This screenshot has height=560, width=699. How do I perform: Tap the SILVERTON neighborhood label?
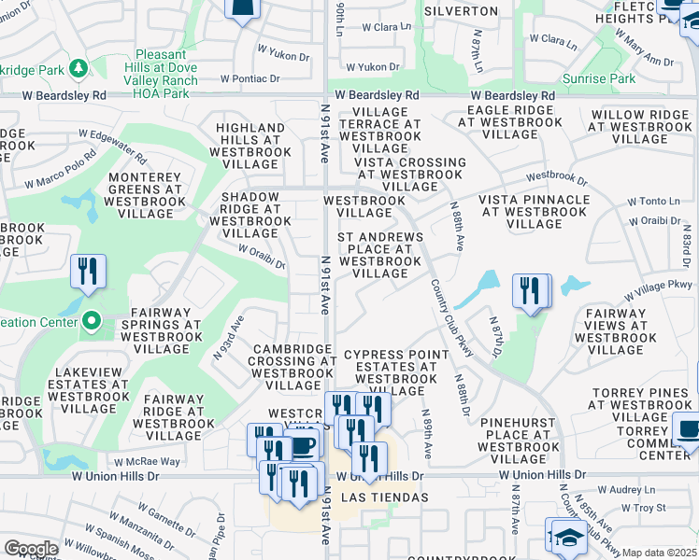click(x=461, y=11)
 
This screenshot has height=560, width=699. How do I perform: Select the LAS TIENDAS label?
click(x=386, y=497)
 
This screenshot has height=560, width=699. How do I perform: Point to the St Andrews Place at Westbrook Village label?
click(x=380, y=256)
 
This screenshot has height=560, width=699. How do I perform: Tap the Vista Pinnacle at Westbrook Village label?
click(x=535, y=212)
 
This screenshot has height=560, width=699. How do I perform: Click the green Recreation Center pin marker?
click(x=91, y=323)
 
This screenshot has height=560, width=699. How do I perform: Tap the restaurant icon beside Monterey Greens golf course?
click(x=89, y=272)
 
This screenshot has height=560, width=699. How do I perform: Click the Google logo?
click(x=31, y=550)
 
